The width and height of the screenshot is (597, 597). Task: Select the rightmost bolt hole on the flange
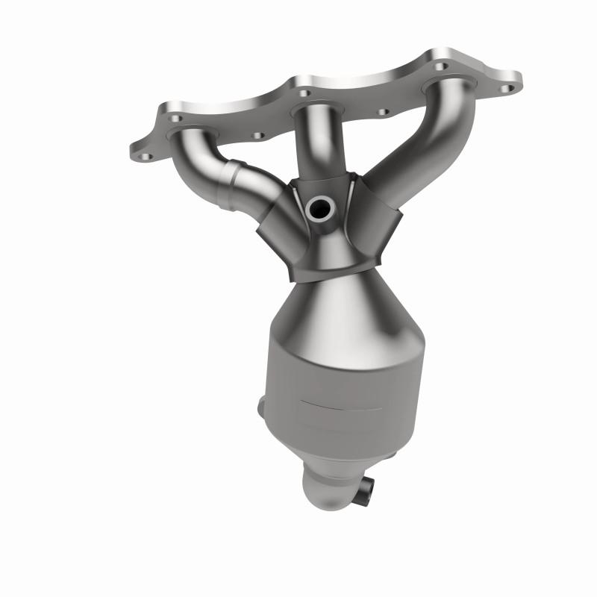[509, 88]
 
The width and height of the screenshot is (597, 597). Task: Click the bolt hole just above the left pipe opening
[174, 118]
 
